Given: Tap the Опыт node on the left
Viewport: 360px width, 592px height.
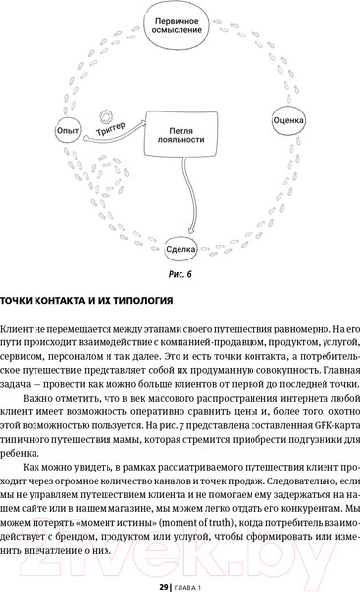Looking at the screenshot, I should coord(68,129).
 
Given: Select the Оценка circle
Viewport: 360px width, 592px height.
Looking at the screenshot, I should coord(287,121).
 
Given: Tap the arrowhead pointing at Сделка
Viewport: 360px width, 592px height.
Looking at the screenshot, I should coord(181,231).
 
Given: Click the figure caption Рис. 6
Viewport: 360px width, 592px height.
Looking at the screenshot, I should coord(180,275).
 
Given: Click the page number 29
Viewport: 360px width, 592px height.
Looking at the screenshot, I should coord(164,584).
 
